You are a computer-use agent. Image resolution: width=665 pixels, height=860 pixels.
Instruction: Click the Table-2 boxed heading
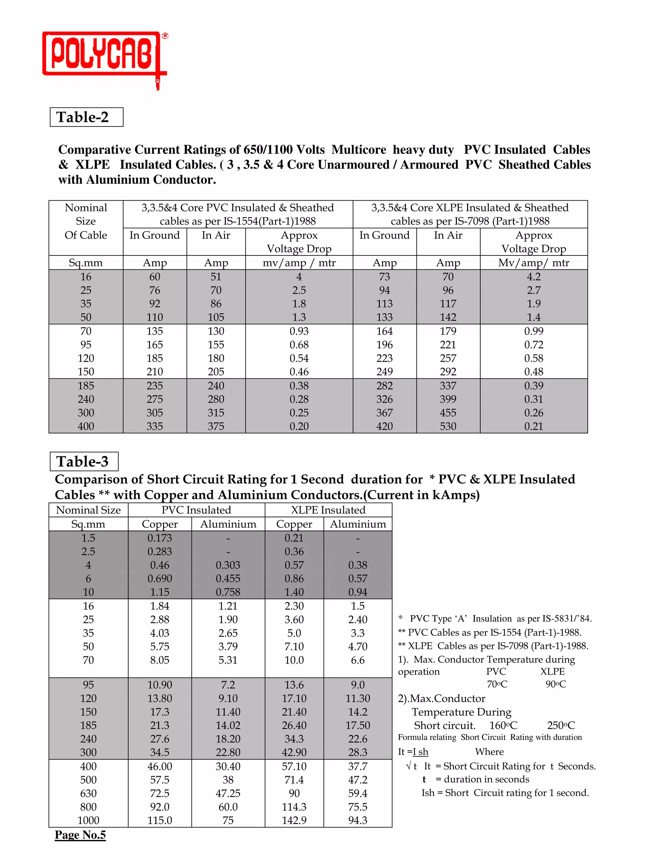[x=86, y=117]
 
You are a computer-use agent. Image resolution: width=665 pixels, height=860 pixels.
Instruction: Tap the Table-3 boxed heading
[x=84, y=461]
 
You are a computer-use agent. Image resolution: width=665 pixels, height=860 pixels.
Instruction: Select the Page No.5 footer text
[x=81, y=835]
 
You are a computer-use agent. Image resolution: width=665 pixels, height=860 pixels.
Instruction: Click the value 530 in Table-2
[x=448, y=426]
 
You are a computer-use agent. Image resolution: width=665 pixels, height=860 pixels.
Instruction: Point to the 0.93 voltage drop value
[x=299, y=331]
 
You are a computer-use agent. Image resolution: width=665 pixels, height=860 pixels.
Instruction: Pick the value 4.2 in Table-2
[x=533, y=277]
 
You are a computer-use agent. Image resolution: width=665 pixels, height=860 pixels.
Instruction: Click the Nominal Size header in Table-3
[x=88, y=510]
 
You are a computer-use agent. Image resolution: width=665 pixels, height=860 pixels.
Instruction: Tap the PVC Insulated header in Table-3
[x=196, y=510]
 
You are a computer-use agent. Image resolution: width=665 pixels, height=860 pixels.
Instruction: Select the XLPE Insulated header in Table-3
[x=328, y=510]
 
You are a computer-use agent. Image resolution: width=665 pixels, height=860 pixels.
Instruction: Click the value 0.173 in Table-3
[x=159, y=538]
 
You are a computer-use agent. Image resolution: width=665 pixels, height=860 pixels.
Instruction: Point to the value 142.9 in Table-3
[x=294, y=820]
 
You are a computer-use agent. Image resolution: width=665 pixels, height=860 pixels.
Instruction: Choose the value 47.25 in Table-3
[x=228, y=793]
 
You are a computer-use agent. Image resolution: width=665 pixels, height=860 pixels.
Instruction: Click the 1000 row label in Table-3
[x=88, y=820]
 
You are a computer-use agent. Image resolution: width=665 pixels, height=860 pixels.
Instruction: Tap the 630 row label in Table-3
[x=88, y=793]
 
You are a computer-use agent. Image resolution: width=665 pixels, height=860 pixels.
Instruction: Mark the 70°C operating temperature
[x=497, y=684]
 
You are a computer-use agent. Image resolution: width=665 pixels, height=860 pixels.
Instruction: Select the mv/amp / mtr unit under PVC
[x=299, y=263]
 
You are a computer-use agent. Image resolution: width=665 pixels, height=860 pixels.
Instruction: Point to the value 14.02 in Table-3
[x=228, y=725]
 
